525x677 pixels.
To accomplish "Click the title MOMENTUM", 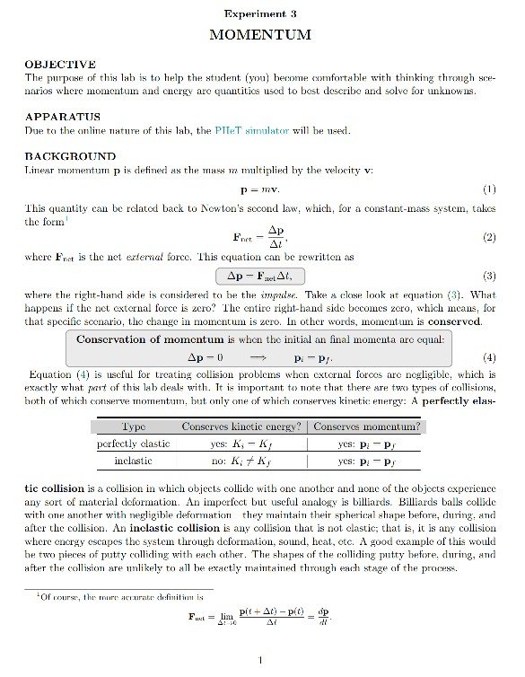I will pyautogui.click(x=260, y=35).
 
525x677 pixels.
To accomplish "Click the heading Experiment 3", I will pyautogui.click(x=260, y=13).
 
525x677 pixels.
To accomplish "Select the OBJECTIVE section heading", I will pyautogui.click(x=61, y=65).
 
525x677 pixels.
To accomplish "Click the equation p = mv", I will pyautogui.click(x=260, y=190).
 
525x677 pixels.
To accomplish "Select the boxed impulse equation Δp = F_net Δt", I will pyautogui.click(x=260, y=275).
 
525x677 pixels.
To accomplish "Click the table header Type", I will pyautogui.click(x=134, y=427).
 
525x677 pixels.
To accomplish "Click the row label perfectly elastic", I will pyautogui.click(x=134, y=444).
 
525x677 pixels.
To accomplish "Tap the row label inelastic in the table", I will pyautogui.click(x=134, y=460).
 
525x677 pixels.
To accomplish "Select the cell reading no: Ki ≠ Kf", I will pyautogui.click(x=241, y=460).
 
